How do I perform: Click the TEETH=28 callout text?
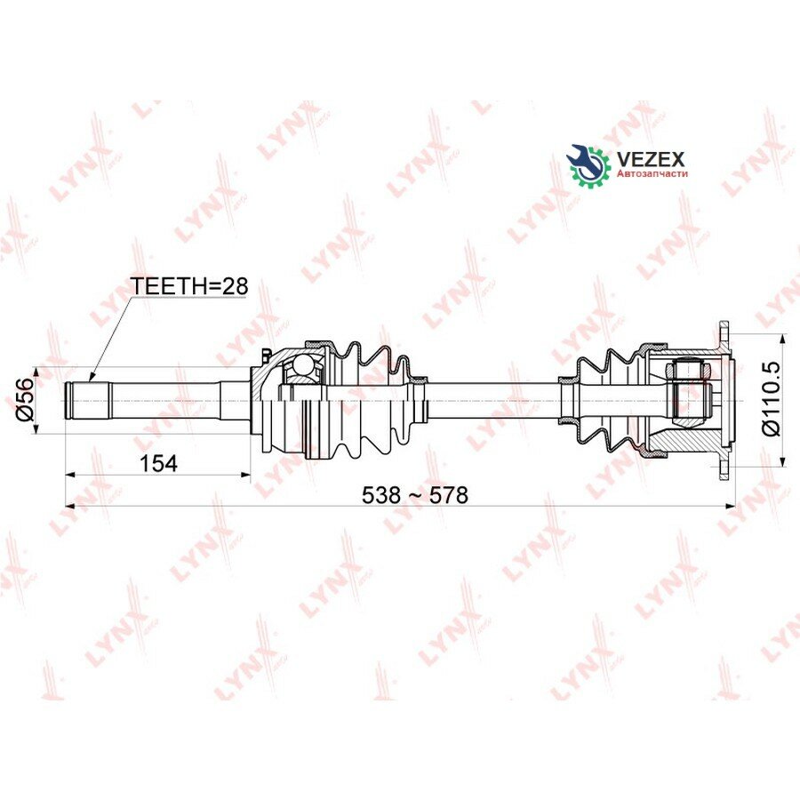click(189, 286)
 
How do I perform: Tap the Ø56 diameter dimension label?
click(25, 399)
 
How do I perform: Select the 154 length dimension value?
click(158, 463)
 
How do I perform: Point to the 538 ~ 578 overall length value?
click(414, 494)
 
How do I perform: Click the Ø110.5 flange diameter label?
click(771, 398)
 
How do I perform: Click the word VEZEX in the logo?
click(651, 160)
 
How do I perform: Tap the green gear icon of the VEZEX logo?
click(589, 164)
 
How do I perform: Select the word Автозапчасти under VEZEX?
click(652, 174)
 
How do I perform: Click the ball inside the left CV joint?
click(301, 364)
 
